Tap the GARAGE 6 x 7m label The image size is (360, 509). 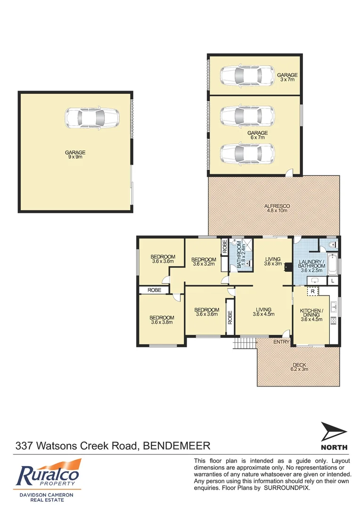pyautogui.click(x=258, y=136)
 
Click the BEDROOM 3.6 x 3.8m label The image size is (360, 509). pyautogui.click(x=162, y=320)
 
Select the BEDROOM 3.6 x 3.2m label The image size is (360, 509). pyautogui.click(x=204, y=262)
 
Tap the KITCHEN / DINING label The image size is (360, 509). pyautogui.click(x=311, y=314)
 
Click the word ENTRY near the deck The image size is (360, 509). pyautogui.click(x=281, y=342)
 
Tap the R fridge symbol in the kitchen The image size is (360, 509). pyautogui.click(x=312, y=292)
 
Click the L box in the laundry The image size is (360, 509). pyautogui.click(x=333, y=281)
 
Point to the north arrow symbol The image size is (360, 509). pyautogui.click(x=334, y=433)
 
